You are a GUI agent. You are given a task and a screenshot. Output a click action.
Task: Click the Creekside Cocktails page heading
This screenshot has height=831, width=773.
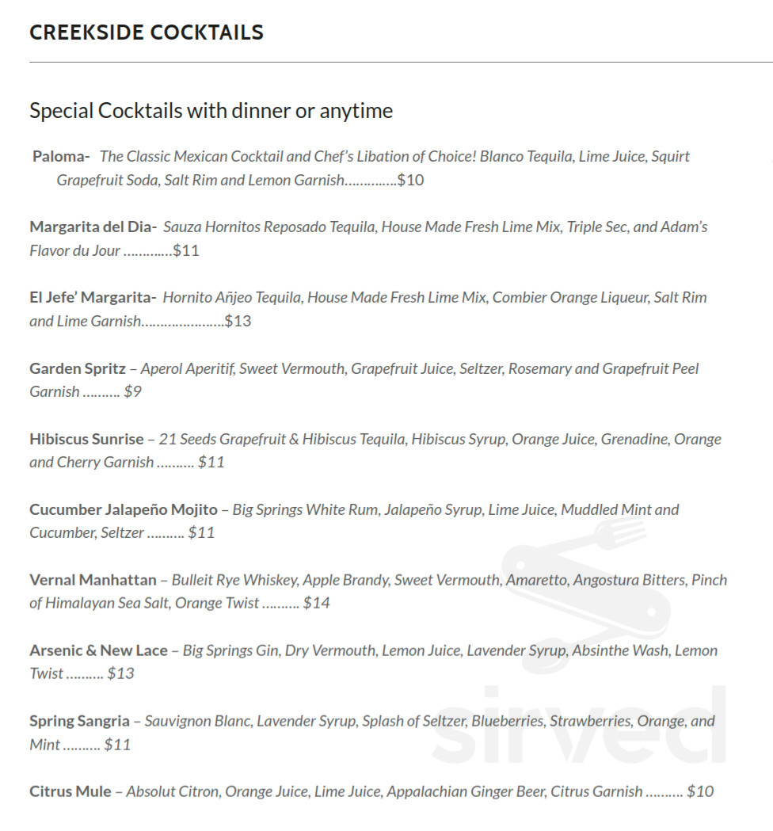[147, 32]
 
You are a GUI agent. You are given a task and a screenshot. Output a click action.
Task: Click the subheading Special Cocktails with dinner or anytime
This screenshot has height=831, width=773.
[211, 111]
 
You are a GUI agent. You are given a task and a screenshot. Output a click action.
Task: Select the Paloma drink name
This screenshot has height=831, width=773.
[60, 157]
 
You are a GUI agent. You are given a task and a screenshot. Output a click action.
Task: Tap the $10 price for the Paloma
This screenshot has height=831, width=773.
[410, 181]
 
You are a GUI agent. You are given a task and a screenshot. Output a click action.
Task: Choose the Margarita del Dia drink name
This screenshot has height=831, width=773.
[93, 227]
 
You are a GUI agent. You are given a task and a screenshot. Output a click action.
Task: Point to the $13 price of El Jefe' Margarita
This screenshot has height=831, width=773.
[238, 322]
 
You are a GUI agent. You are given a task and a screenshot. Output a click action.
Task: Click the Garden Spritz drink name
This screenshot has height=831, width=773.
[78, 368]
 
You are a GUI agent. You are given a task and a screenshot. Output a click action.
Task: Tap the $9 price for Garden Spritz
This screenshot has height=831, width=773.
[132, 392]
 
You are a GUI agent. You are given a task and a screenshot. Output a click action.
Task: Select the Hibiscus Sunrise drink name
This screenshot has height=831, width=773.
[86, 439]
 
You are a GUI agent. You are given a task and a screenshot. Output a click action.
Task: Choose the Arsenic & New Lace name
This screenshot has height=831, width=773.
[98, 650]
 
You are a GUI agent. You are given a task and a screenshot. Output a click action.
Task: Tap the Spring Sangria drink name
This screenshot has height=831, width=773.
[79, 721]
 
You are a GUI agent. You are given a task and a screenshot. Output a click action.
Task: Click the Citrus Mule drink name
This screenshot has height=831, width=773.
[70, 791]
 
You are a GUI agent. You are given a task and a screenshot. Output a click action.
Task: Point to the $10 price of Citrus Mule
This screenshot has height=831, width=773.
[700, 791]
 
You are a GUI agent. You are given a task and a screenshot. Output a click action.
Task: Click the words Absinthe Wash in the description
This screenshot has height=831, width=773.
[620, 650]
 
